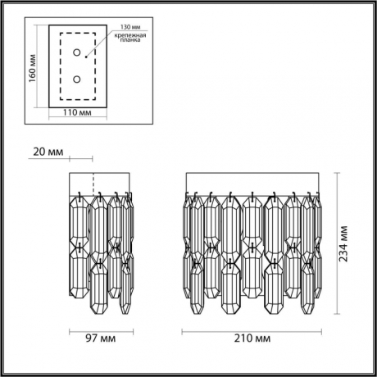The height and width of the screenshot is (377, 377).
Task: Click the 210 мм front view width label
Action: coord(252,337)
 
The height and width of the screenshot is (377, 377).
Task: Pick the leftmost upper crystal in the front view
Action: coord(188,225)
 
